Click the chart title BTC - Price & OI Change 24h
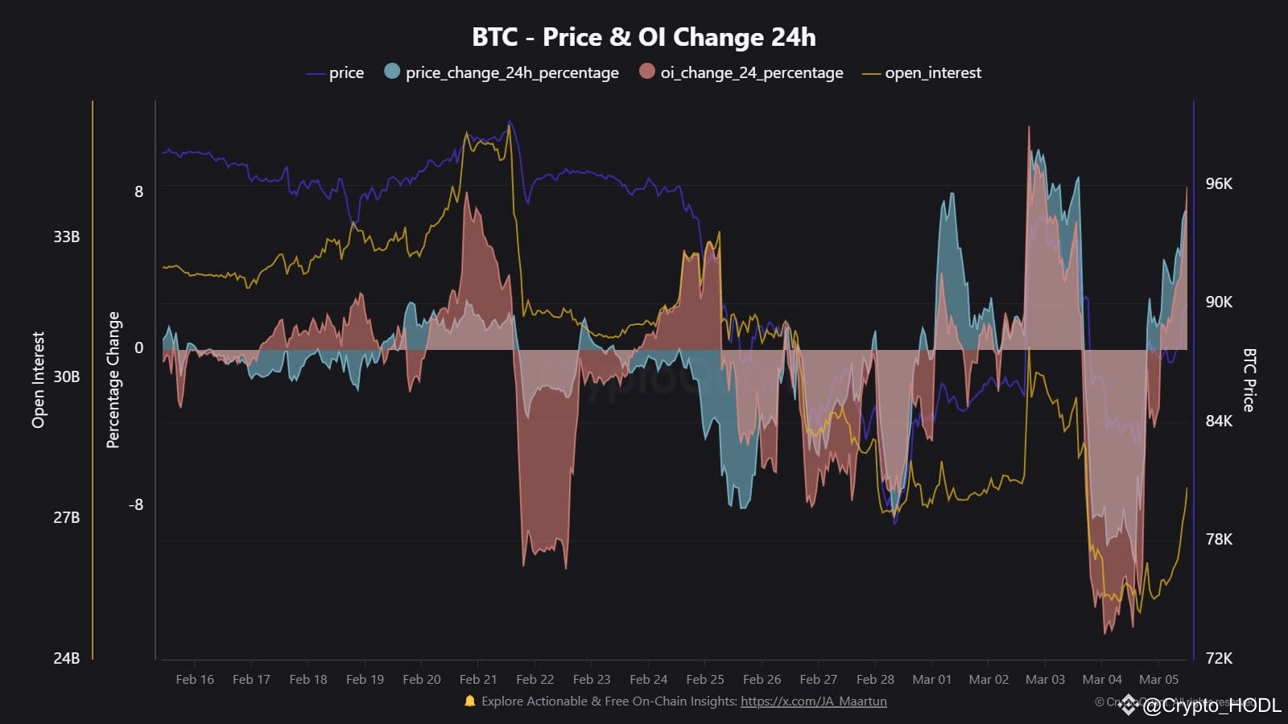(x=643, y=37)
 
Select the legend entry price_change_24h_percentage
(x=512, y=72)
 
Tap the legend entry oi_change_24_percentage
(x=751, y=72)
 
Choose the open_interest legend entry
(x=932, y=72)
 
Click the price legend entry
(x=346, y=72)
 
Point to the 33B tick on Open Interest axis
(x=67, y=237)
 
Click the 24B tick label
(x=67, y=658)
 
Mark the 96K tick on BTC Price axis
(x=1219, y=183)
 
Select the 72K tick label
(x=1219, y=658)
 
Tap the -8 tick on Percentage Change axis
(x=136, y=504)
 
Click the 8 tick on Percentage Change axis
(x=139, y=191)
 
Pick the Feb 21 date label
(x=478, y=679)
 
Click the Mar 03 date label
(x=1045, y=679)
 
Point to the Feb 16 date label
(x=195, y=679)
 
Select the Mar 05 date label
(x=1158, y=679)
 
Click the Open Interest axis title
(x=38, y=380)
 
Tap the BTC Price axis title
(x=1249, y=380)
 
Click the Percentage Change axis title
(x=114, y=380)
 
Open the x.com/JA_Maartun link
(x=813, y=701)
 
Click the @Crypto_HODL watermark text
(x=1212, y=706)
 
